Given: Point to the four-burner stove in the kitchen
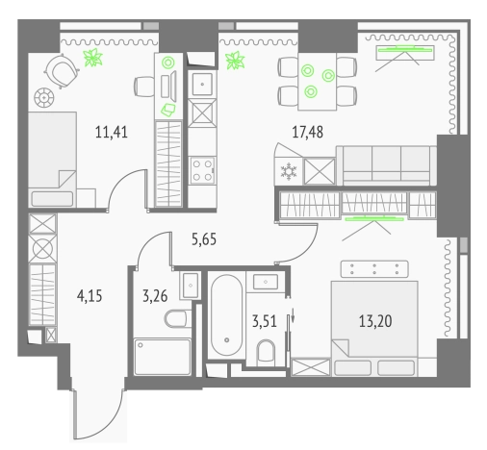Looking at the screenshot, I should pyautogui.click(x=203, y=173).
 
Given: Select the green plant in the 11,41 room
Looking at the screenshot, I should pyautogui.click(x=93, y=60).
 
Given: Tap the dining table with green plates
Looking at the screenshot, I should pyautogui.click(x=311, y=80).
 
